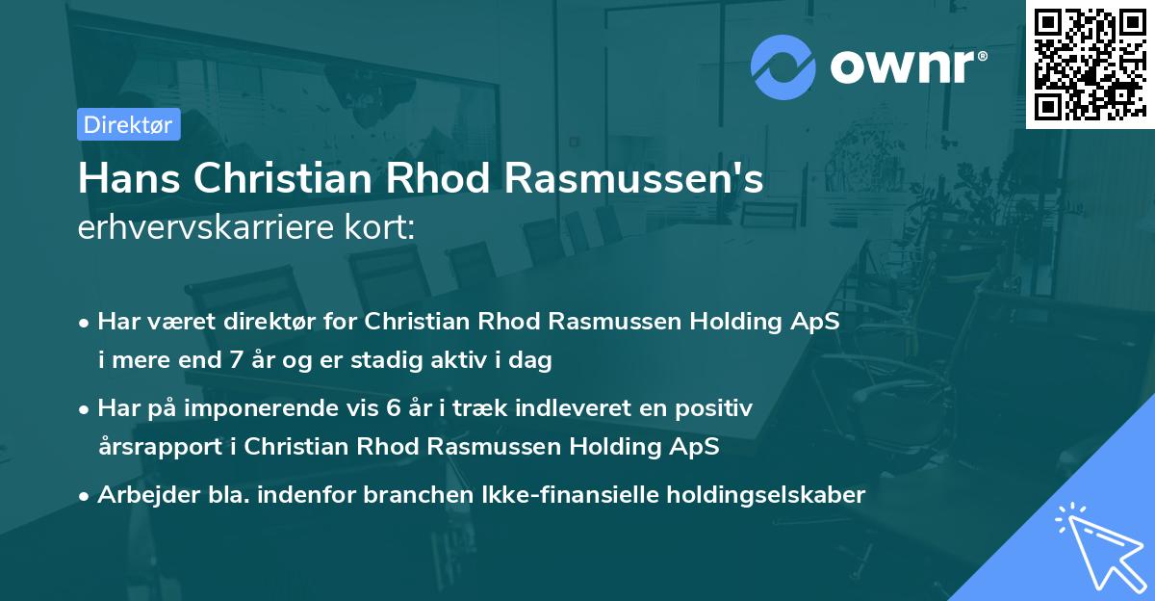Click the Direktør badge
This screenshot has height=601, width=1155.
click(x=127, y=124)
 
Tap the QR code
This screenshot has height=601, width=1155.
click(x=1090, y=64)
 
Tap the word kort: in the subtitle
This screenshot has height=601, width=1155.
click(x=382, y=228)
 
